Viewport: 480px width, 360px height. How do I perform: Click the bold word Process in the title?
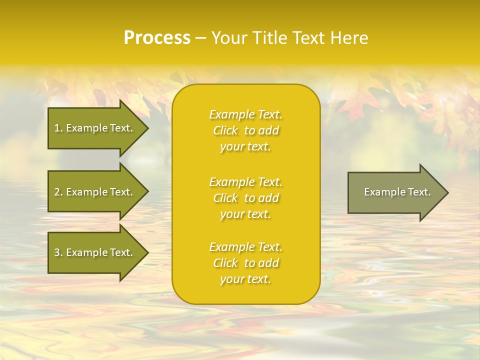point(157,38)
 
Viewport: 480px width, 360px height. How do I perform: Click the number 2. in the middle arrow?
point(58,192)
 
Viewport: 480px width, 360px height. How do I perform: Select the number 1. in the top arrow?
point(58,128)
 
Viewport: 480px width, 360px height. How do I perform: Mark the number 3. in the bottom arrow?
point(58,252)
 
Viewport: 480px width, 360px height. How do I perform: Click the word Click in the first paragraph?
point(225,130)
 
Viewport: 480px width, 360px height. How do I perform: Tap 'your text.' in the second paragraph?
point(245,214)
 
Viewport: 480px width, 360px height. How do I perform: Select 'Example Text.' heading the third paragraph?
point(245,247)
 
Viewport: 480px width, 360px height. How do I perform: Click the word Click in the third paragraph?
point(225,263)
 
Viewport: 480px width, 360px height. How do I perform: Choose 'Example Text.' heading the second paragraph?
point(245,182)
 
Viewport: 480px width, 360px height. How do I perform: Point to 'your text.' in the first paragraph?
point(245,146)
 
